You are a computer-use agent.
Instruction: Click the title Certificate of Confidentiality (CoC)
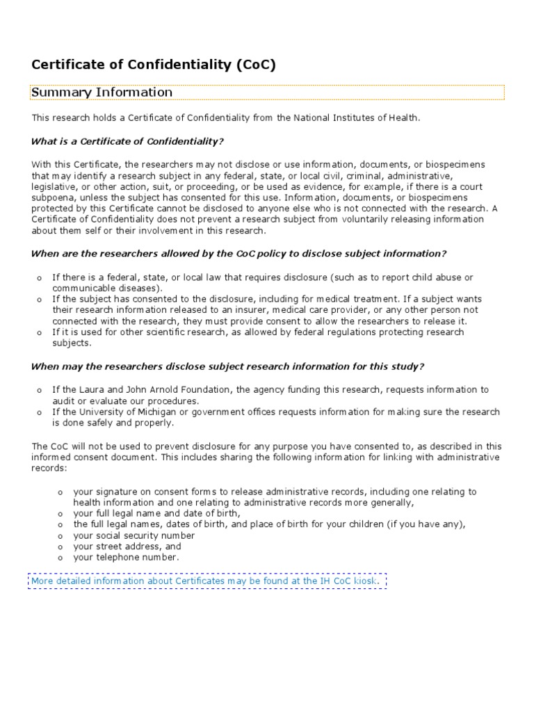click(x=154, y=65)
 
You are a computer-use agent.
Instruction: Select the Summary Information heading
click(x=102, y=92)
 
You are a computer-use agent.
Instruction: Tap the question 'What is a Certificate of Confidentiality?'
click(x=127, y=141)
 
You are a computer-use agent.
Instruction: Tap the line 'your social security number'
click(x=133, y=535)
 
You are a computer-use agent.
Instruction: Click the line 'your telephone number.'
click(x=126, y=557)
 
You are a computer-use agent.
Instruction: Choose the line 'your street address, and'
click(x=127, y=547)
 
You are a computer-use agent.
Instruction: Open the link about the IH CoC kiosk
click(x=207, y=580)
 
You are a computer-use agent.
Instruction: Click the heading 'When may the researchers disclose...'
click(x=227, y=366)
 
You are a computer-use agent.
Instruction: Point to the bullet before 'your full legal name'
click(x=60, y=515)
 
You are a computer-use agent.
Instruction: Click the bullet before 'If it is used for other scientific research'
click(x=40, y=333)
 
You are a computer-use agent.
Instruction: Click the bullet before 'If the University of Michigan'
click(x=40, y=412)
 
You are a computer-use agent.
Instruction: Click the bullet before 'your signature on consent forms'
click(x=60, y=492)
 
